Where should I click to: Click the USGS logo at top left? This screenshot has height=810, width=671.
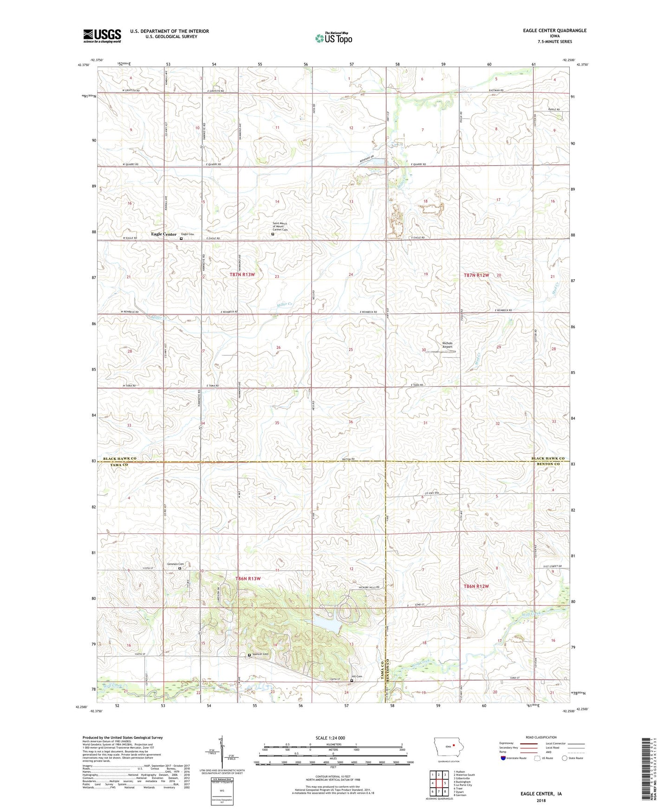pos(102,36)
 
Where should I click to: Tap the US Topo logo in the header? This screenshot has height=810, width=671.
pos(333,38)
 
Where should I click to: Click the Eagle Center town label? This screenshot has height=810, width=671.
pos(163,234)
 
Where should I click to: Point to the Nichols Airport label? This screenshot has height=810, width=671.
pos(447,345)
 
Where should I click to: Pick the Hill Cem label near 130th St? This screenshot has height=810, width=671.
pos(356,676)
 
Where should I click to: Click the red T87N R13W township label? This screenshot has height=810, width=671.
pos(242,275)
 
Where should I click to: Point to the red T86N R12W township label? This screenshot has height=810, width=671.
pos(476,586)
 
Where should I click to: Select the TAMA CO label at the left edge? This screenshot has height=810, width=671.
pos(114,464)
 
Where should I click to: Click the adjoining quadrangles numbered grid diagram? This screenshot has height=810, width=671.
pos(438,784)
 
